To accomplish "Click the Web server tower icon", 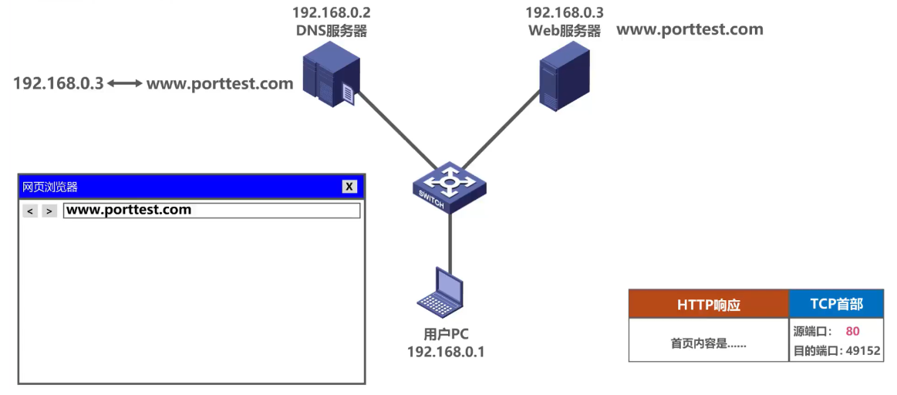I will tap(563, 76).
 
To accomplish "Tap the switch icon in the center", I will tap(449, 187).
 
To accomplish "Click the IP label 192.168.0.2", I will tap(331, 12).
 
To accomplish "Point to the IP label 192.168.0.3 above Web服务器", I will tap(564, 12).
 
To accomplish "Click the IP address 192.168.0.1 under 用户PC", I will tap(446, 352).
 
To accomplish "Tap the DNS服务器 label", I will tap(331, 31).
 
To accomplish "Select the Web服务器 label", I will tap(564, 31).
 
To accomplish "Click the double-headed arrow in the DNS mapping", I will tap(125, 83).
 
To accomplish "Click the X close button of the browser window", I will tap(349, 187).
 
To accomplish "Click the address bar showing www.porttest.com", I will tap(211, 211).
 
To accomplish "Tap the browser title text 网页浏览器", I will tap(50, 187).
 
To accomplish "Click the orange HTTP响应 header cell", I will tap(708, 304).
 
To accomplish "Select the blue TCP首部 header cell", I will tap(836, 304).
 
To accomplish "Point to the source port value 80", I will tap(852, 331).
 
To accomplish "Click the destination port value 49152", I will tap(863, 350).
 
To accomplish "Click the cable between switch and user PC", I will tap(450, 239).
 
